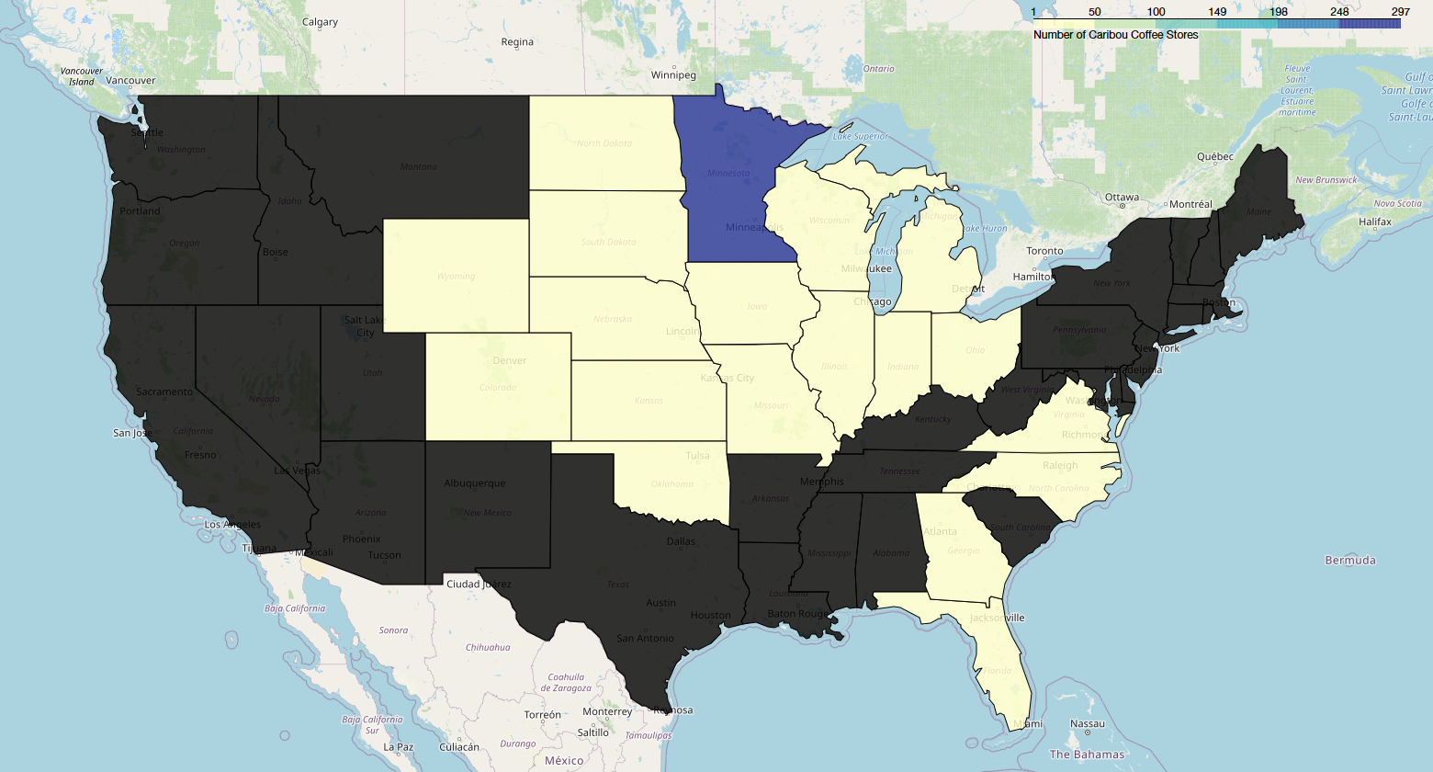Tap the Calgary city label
click(320, 22)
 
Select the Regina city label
click(517, 42)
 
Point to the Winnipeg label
click(673, 75)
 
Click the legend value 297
click(1400, 12)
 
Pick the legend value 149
click(1217, 12)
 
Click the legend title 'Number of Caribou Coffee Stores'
click(1115, 35)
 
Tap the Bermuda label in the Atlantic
click(1350, 560)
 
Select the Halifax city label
click(1375, 221)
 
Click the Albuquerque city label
click(474, 483)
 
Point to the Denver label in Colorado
click(509, 360)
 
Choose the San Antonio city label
click(645, 639)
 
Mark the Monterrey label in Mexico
click(607, 711)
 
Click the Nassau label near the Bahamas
click(1088, 723)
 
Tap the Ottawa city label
click(1122, 198)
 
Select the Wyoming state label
click(456, 276)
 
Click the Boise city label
click(275, 252)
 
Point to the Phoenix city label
click(361, 539)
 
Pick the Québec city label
click(1214, 157)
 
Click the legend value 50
click(1094, 12)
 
